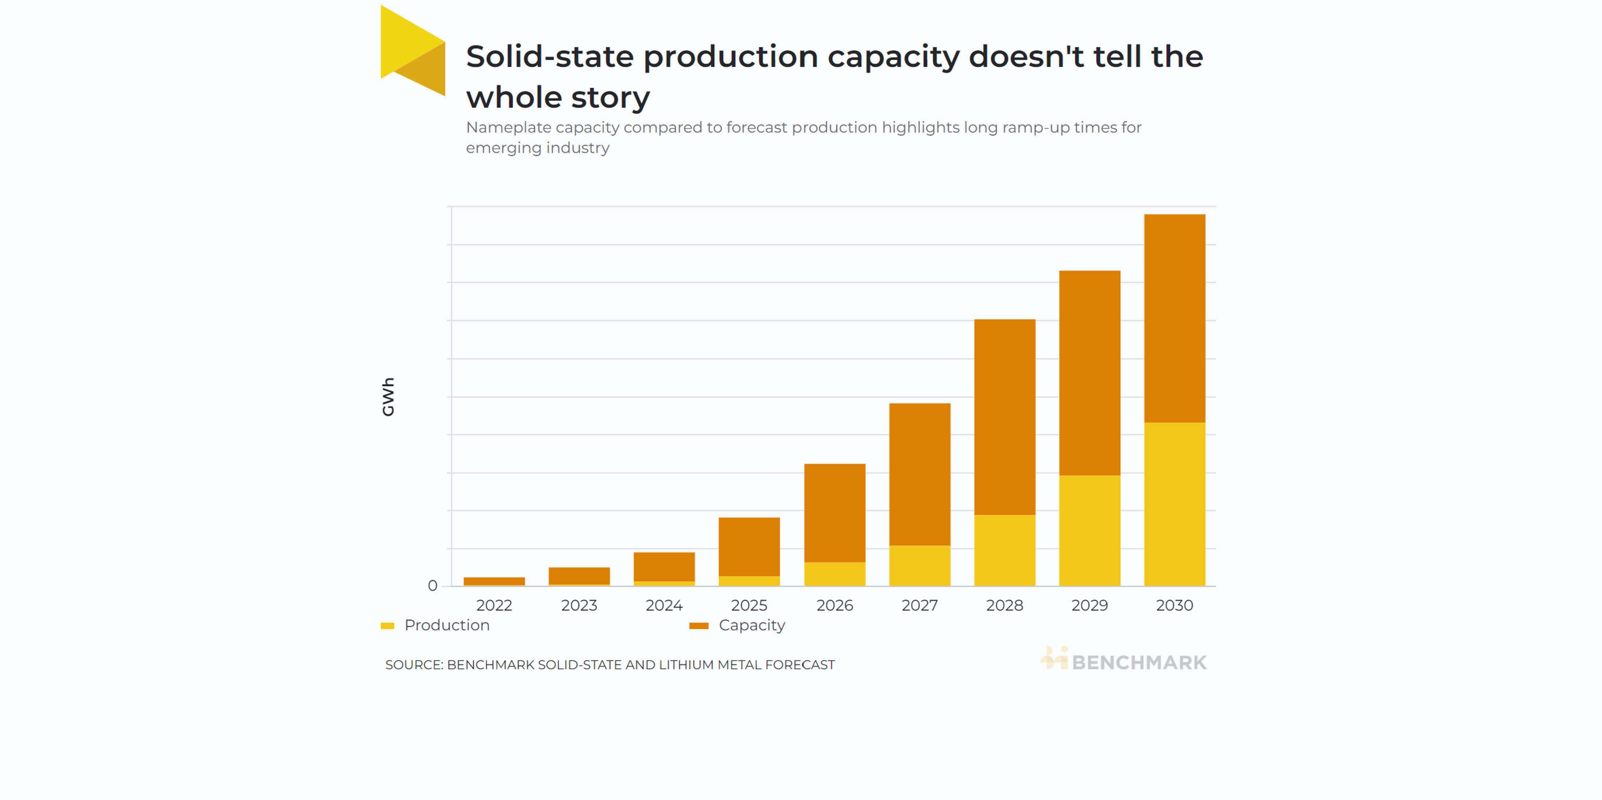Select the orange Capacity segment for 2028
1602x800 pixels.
tap(1005, 417)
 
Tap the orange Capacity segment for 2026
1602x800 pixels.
tap(834, 513)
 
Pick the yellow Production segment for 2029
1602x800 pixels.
tap(1090, 530)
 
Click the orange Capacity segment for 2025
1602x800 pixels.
tap(749, 546)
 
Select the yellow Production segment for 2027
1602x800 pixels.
tap(919, 566)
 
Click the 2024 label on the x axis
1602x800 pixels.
tap(664, 605)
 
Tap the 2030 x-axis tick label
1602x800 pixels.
tap(1174, 605)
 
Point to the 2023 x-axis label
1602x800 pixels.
tap(579, 605)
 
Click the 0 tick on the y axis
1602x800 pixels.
tap(432, 586)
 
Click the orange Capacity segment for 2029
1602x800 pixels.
tap(1090, 373)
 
